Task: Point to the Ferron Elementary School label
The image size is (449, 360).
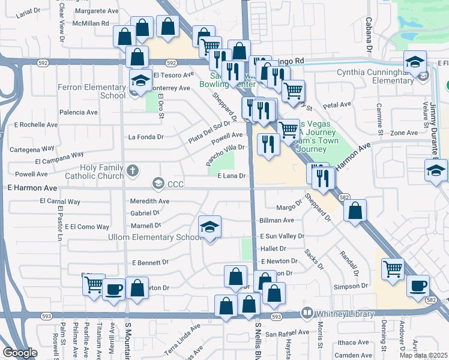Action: pos(91,91)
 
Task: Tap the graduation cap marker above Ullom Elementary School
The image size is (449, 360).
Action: pos(209,227)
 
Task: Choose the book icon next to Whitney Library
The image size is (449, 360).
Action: pos(307,313)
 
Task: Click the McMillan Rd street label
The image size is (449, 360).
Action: pos(88,23)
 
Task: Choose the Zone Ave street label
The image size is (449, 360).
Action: pos(403,133)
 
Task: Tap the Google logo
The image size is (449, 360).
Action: pos(20,353)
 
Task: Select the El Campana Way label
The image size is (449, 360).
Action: pos(58,161)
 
